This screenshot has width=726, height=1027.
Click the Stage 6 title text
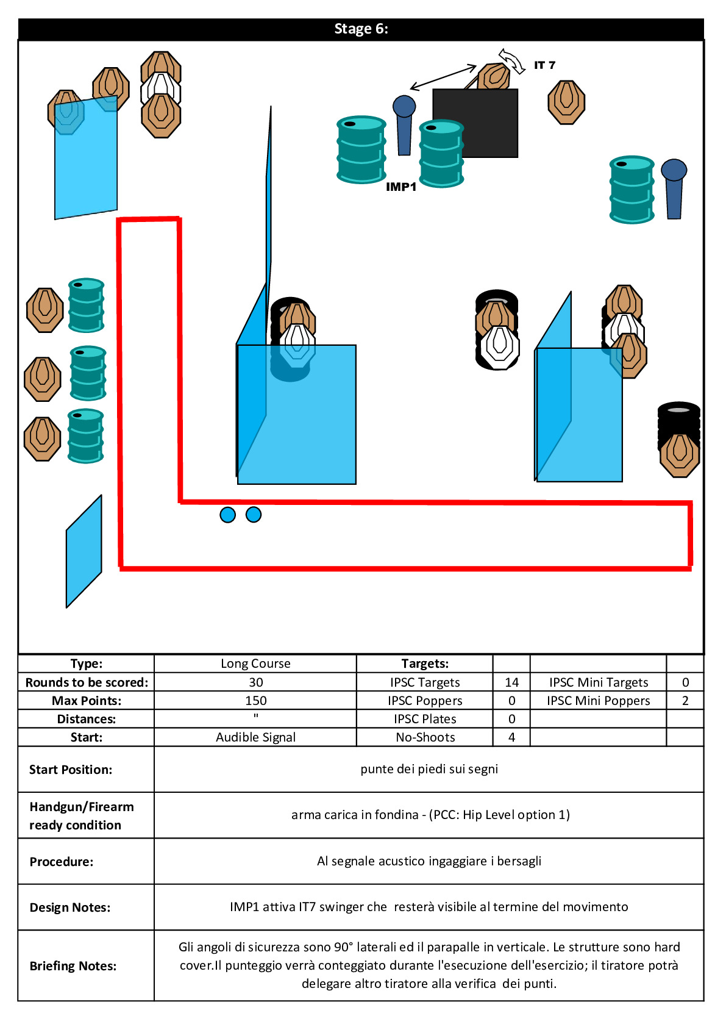(x=361, y=29)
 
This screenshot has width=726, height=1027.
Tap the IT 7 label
(x=544, y=65)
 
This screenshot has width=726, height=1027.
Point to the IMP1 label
(x=401, y=187)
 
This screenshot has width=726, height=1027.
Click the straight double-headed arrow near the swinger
(x=443, y=77)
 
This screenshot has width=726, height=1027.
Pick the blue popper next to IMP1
(x=404, y=124)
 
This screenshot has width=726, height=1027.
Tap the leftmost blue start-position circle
(x=228, y=515)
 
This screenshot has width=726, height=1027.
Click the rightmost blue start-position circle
(x=254, y=515)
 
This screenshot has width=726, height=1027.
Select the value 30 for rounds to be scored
(x=256, y=682)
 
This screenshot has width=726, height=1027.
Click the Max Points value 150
(x=256, y=701)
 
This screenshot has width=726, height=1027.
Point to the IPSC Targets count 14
(x=511, y=682)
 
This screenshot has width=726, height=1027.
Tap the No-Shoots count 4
(x=511, y=737)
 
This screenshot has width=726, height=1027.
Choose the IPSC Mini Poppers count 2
(x=685, y=701)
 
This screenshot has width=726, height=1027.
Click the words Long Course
(x=256, y=664)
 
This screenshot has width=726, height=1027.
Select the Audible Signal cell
(x=256, y=737)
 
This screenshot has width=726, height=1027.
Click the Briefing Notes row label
(x=73, y=965)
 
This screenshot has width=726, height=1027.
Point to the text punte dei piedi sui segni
(x=429, y=769)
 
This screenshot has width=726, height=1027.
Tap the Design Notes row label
(x=70, y=907)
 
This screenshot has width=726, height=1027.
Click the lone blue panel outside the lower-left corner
(x=84, y=551)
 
